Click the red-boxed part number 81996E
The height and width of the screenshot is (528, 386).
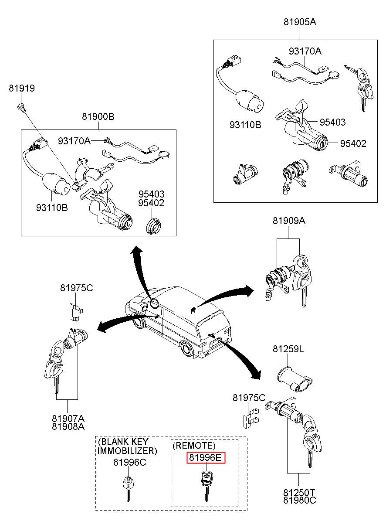coord(206,458)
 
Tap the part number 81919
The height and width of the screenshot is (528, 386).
coord(22,89)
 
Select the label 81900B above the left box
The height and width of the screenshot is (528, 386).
coord(98,117)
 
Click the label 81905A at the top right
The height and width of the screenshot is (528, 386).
coord(300,22)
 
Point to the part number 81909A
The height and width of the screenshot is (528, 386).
coord(289,221)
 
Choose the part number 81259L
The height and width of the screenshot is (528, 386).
coord(288,349)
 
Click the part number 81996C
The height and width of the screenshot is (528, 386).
coord(130,463)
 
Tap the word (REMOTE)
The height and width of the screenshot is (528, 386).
coord(194,446)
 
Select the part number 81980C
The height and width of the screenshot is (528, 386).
coord(300,500)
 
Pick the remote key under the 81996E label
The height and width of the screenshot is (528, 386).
coord(205,484)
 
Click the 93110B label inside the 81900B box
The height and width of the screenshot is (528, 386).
coord(52,208)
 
